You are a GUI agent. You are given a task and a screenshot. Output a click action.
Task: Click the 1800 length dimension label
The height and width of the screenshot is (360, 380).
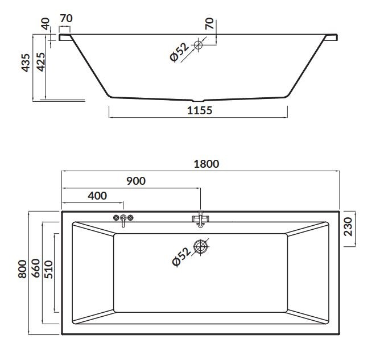(x=206, y=164)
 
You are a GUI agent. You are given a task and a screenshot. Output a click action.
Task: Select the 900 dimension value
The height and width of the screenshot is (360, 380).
(x=136, y=181)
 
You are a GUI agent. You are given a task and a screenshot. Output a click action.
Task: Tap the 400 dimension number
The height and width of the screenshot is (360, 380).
(x=97, y=196)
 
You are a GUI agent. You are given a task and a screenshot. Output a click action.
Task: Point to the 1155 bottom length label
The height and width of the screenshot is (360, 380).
(x=200, y=110)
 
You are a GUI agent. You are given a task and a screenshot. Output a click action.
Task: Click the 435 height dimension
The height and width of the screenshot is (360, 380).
(x=26, y=63)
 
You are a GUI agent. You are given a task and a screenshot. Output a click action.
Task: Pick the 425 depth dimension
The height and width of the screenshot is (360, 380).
(x=41, y=62)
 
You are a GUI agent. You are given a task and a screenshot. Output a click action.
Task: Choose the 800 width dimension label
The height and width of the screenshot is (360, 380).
(x=22, y=269)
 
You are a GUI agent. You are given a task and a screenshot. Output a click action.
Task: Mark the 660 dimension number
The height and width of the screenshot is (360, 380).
(x=36, y=268)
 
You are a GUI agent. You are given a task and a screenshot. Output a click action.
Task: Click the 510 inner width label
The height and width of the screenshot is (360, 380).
(x=49, y=270)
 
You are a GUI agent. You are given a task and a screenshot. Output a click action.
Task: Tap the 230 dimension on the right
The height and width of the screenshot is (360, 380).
(x=348, y=227)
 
